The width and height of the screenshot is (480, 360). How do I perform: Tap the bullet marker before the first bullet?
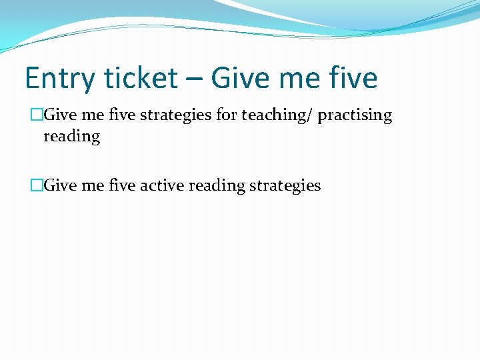pos(37,115)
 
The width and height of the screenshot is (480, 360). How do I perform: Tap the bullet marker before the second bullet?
pos(37,185)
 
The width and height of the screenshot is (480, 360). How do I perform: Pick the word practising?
pos(355,115)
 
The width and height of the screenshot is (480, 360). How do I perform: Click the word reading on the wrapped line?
pos(71,137)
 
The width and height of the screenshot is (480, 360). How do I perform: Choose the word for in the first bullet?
pos(227,115)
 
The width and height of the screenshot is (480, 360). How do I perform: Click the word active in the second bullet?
pos(162,185)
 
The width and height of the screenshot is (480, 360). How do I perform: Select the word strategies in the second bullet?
pos(285,186)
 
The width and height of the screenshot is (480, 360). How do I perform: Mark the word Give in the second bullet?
pos(61,185)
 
